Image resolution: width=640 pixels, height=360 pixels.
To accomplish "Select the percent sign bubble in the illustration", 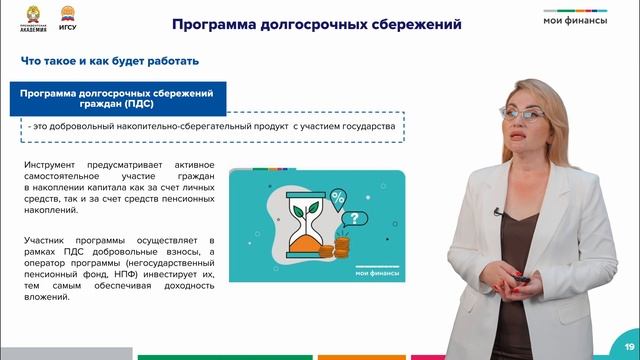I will (338, 196).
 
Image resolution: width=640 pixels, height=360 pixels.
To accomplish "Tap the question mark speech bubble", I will (349, 218).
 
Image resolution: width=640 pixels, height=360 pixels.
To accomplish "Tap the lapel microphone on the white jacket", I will (498, 210).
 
